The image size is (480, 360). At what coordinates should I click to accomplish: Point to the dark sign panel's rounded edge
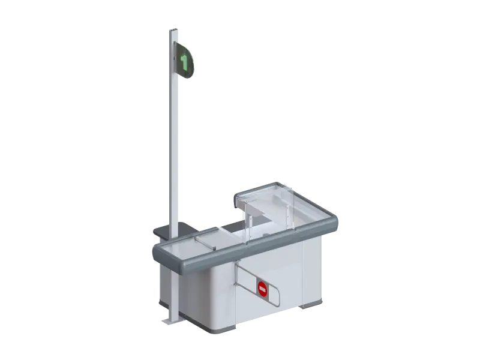coord(193,61)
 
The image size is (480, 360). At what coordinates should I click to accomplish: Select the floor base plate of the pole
coord(170,320)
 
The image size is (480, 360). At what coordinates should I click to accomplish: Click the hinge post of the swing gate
coord(236,272)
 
